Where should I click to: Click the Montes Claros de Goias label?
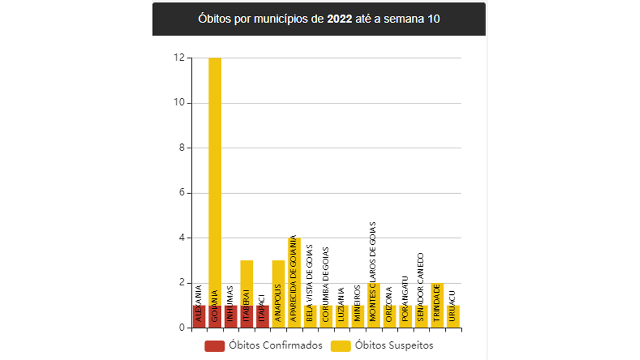(x=373, y=271)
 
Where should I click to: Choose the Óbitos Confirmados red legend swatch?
(x=214, y=346)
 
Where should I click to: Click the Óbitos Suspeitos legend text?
(x=394, y=346)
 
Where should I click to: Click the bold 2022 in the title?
(x=339, y=19)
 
